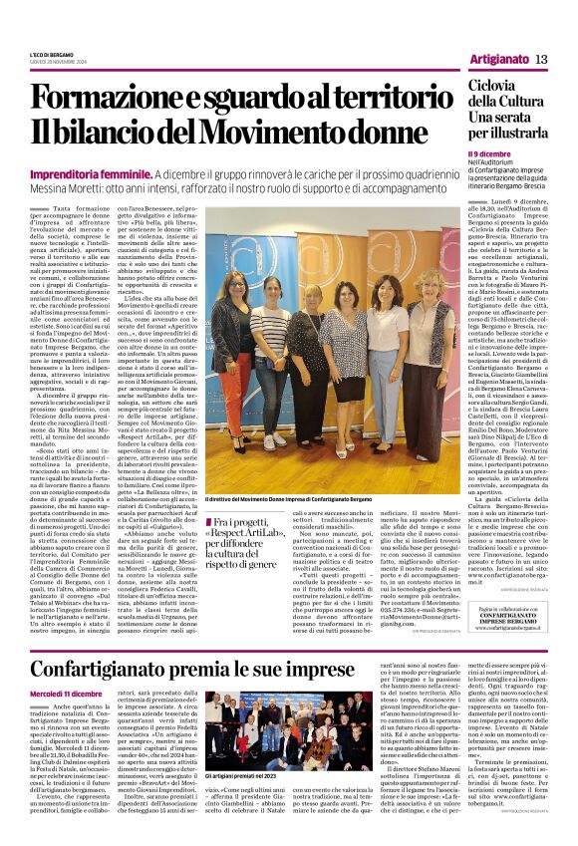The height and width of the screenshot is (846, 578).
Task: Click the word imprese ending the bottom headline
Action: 320,668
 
